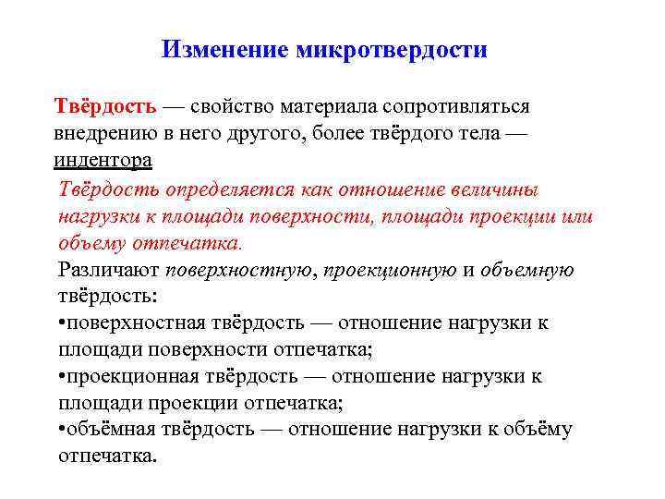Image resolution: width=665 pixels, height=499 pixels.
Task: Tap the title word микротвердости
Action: [392, 48]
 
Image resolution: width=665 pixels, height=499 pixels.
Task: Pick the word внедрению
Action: [104, 133]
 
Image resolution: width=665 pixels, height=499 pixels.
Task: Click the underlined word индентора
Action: [103, 161]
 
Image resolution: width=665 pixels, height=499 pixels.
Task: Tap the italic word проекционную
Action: [392, 270]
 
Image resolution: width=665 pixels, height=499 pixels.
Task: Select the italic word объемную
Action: [527, 270]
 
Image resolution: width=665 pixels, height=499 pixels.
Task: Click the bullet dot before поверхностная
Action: [60, 323]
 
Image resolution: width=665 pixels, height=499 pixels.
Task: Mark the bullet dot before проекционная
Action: [60, 377]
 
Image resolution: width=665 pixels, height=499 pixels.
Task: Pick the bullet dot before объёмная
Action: [60, 430]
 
